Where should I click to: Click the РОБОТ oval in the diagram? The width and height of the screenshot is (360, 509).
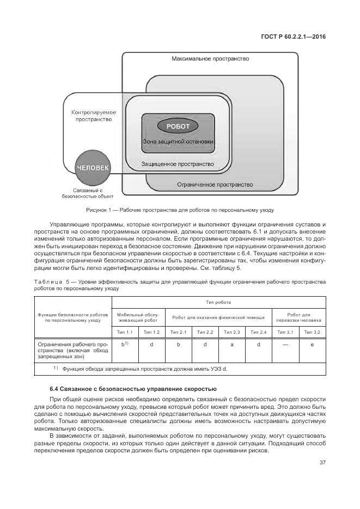(178, 126)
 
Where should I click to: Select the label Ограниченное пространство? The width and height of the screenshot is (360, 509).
(215, 185)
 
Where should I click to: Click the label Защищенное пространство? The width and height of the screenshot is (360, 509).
(178, 163)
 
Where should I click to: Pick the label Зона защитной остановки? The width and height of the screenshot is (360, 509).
(178, 142)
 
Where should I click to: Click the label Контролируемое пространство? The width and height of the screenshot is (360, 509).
(94, 115)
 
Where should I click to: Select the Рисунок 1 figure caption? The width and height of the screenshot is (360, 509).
(179, 210)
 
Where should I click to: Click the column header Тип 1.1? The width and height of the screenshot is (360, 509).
(125, 332)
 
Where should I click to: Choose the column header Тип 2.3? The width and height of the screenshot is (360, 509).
(232, 332)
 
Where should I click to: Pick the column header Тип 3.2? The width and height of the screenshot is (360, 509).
(312, 332)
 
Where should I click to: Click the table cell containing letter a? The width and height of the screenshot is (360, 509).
(232, 345)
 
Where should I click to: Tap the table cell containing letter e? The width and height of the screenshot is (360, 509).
(312, 345)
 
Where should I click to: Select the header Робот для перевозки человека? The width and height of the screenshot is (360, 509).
(299, 317)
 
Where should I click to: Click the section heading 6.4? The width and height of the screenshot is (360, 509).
(133, 389)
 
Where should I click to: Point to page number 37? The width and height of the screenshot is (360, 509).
(322, 463)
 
